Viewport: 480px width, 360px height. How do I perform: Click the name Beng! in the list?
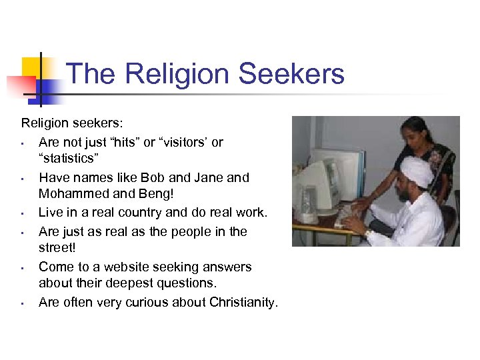click(x=155, y=195)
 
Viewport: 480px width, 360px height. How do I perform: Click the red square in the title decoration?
click(x=20, y=85)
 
